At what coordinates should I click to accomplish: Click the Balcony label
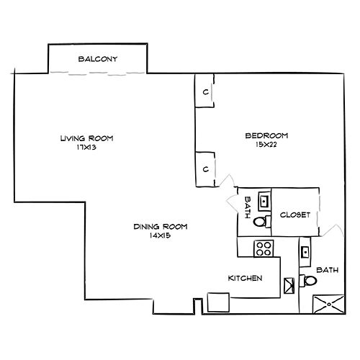coord(97,59)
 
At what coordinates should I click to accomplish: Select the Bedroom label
coord(266,136)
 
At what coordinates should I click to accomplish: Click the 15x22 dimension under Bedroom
coord(266,145)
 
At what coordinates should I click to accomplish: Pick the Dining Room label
coord(160,227)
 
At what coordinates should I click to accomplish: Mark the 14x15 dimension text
coord(160,236)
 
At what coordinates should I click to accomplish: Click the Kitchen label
coord(244,278)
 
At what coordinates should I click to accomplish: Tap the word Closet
coord(295,215)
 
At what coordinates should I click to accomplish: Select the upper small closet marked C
coord(205,92)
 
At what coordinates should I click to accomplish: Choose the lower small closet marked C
coord(205,169)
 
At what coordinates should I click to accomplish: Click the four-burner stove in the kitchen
coord(263,249)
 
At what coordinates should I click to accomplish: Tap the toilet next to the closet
coord(261,222)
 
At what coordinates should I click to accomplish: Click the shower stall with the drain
coord(328,305)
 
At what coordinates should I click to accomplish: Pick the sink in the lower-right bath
coord(306,252)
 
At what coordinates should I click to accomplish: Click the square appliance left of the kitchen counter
coord(217,302)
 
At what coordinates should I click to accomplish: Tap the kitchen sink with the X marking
coord(290,285)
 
